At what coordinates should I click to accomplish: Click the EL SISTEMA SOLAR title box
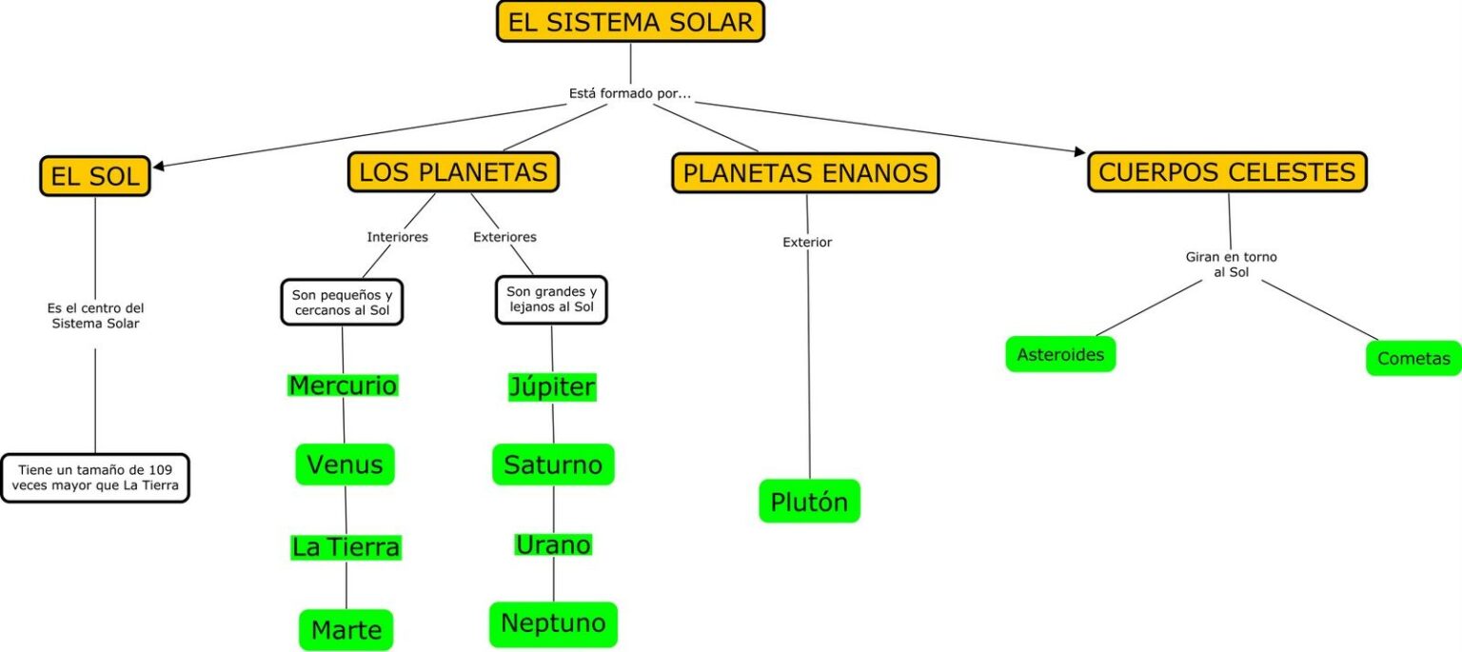tap(630, 22)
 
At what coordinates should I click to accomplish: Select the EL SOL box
tap(95, 175)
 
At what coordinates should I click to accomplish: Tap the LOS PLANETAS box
tap(453, 172)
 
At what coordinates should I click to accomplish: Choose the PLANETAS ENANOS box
tap(805, 173)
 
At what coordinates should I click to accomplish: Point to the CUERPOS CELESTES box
tap(1227, 172)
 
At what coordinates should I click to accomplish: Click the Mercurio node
tap(343, 385)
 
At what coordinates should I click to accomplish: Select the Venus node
tap(345, 464)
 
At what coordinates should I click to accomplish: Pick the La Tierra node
tap(346, 547)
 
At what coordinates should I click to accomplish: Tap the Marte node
tap(346, 629)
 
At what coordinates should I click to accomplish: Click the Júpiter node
tap(552, 387)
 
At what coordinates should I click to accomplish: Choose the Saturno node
tap(553, 464)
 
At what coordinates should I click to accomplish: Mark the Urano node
tap(553, 544)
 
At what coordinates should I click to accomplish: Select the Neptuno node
tap(553, 623)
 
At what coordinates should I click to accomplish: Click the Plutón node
tap(809, 502)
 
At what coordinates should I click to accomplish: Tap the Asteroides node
tap(1060, 355)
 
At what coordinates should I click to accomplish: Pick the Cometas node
tap(1413, 359)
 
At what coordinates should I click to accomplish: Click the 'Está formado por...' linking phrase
tap(629, 94)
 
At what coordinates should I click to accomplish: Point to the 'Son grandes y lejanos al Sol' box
tap(551, 300)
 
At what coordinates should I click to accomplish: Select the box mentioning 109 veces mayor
tap(95, 478)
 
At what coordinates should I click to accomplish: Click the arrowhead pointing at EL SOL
tap(159, 167)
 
